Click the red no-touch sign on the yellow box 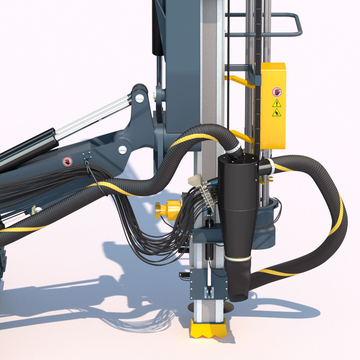point(277,92)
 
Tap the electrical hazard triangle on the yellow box point(276,103)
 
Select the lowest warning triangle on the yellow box point(276,113)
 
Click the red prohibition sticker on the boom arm point(67,162)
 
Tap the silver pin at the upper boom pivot point(139,97)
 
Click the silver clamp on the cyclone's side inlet point(271,166)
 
